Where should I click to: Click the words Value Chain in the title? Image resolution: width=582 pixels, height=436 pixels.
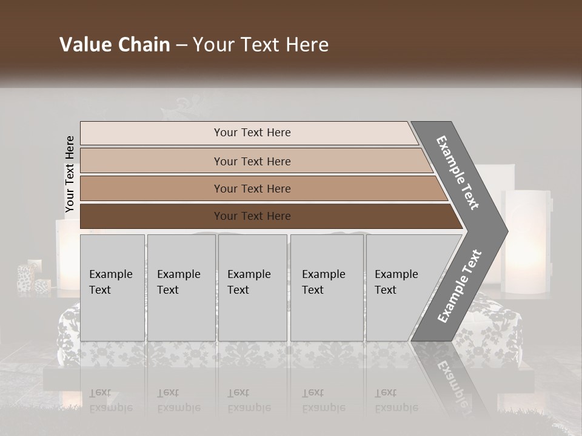pos(115,45)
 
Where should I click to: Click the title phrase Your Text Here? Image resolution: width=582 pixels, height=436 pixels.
pos(261,45)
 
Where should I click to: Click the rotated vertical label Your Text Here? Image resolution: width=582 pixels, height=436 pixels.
pos(70,174)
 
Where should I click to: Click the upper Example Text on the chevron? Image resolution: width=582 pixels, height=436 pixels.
pos(458,173)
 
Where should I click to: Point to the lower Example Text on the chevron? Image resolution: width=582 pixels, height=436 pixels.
pos(460,286)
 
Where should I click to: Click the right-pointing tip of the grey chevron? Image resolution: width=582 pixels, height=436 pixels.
pos(504,231)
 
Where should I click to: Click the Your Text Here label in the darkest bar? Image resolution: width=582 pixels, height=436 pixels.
pos(252,216)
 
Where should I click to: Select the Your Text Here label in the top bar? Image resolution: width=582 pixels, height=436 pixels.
pos(252,133)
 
